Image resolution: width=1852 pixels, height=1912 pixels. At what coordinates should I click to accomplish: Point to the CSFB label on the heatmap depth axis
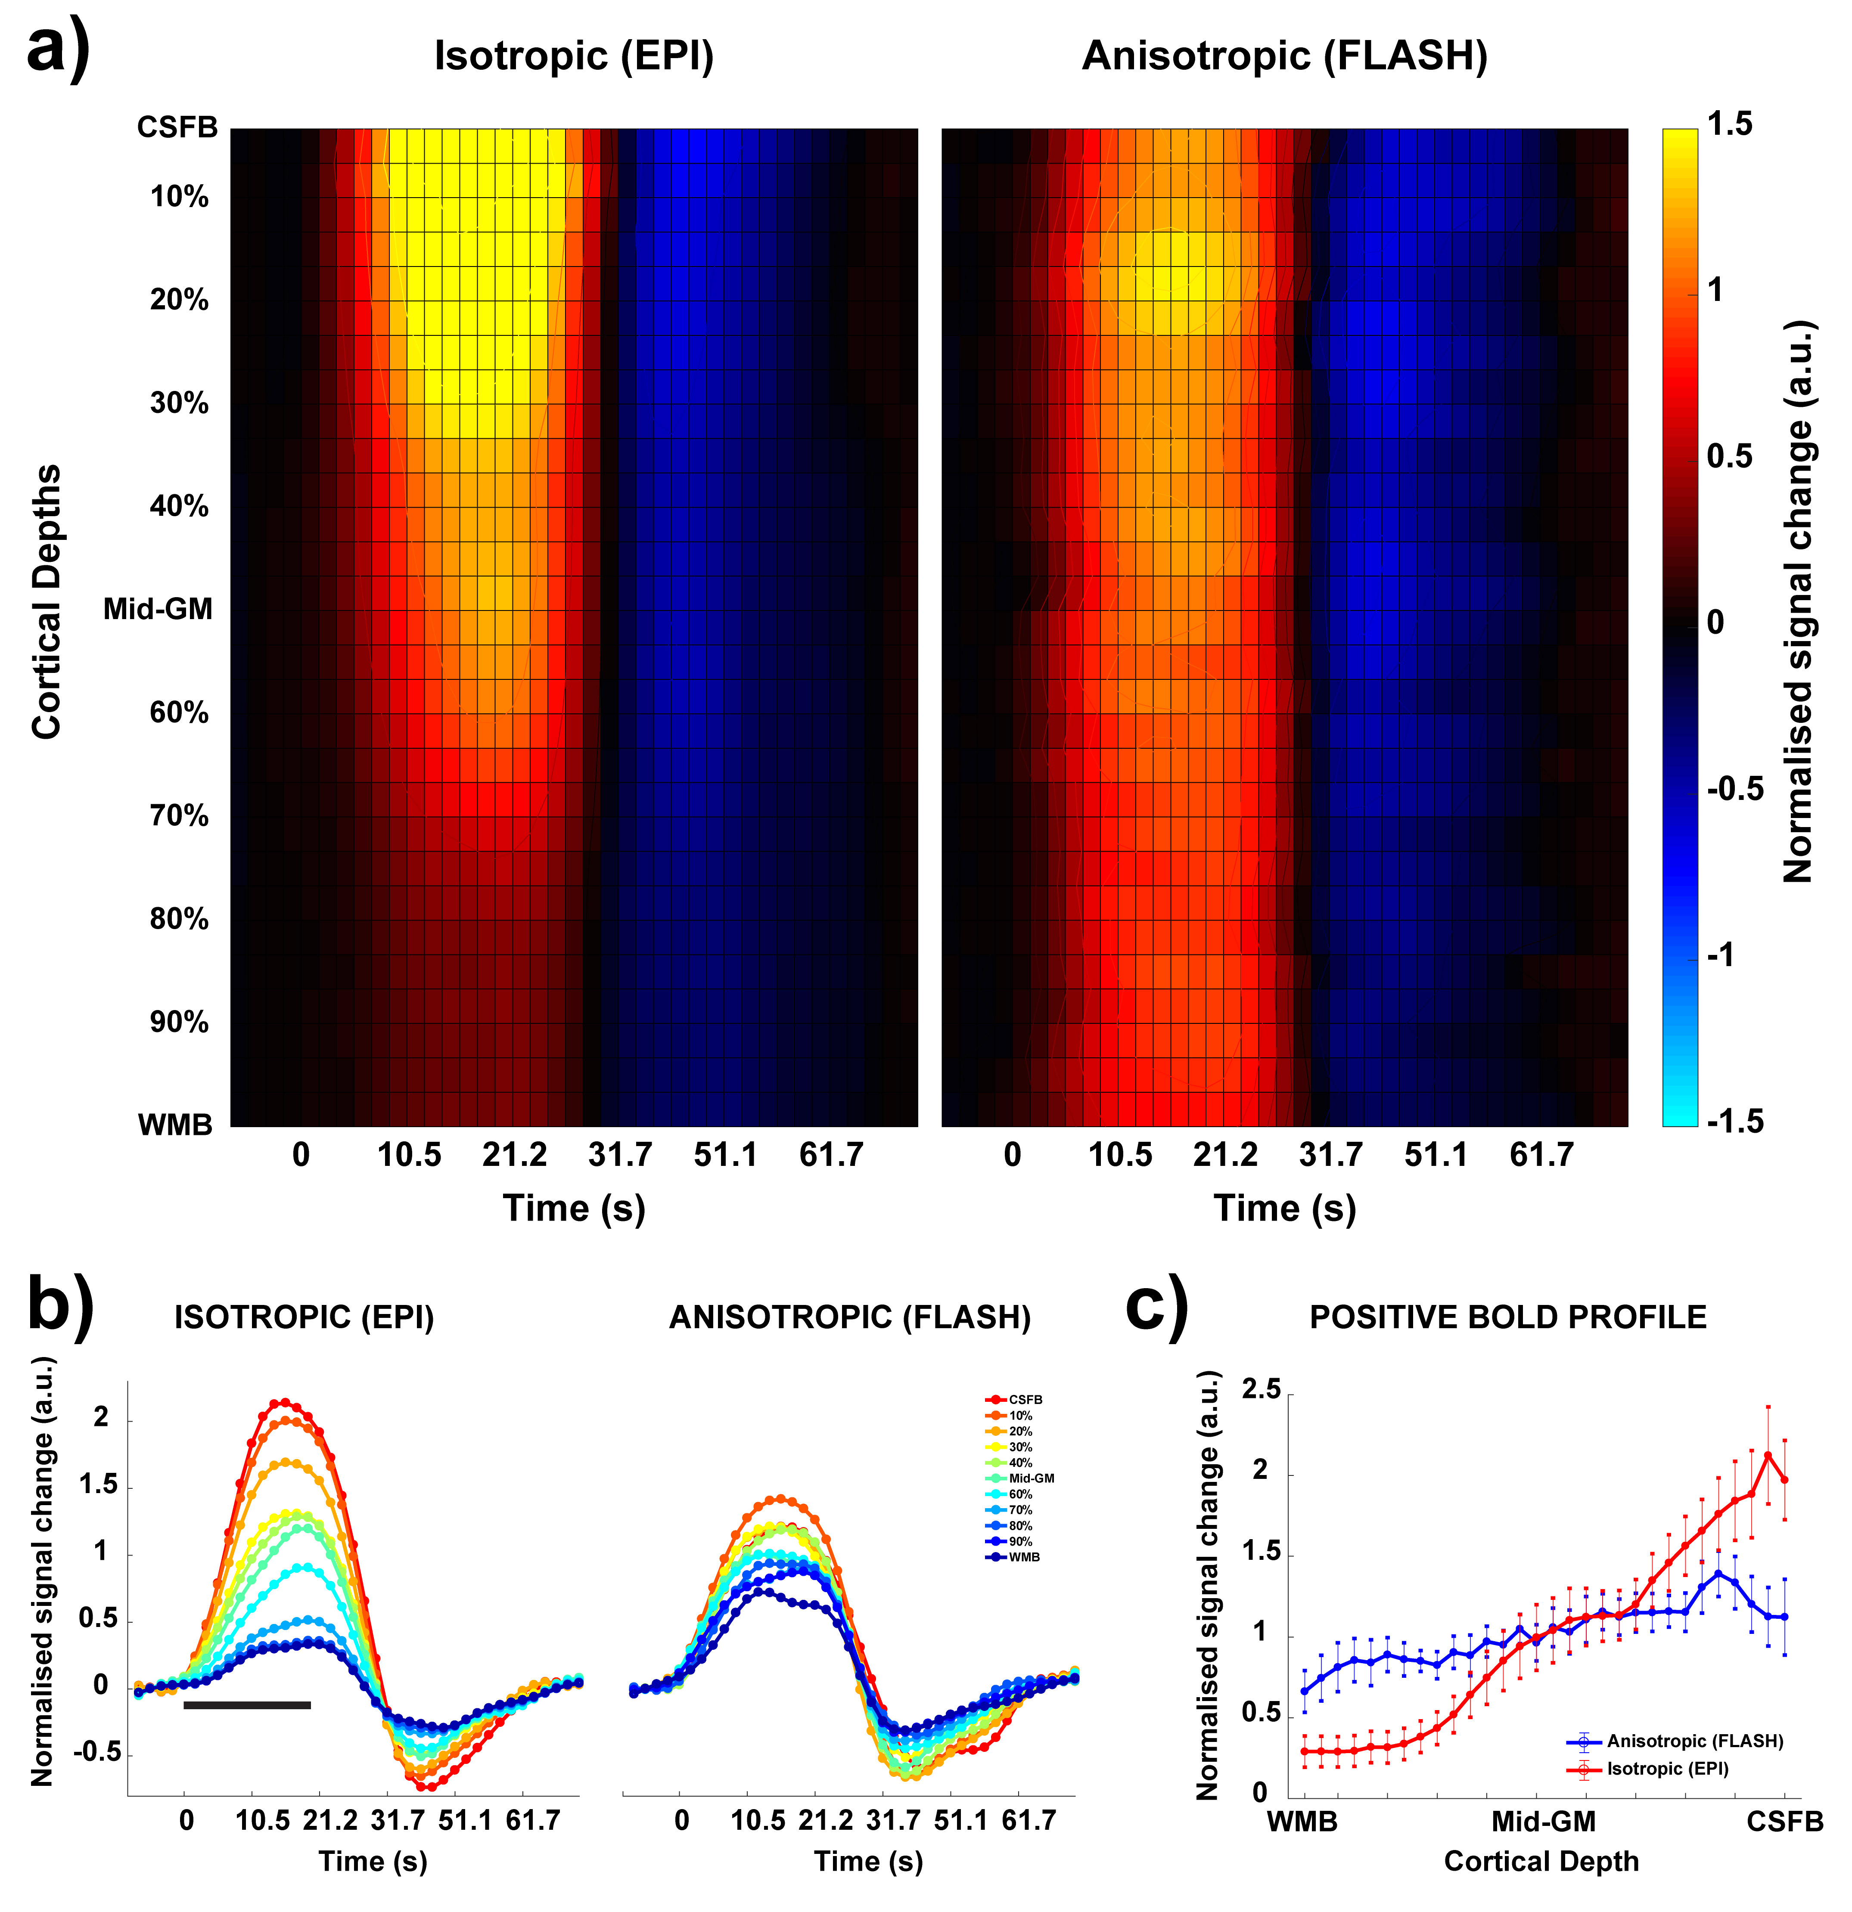pos(177,128)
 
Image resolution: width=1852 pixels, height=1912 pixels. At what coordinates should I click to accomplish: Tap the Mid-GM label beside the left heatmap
pos(158,610)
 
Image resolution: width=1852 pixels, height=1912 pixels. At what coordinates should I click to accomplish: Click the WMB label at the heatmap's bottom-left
pos(175,1125)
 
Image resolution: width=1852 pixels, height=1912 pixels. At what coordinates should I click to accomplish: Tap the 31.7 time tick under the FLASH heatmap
pos(1331,1155)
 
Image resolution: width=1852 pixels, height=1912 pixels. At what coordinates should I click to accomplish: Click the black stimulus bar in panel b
pos(247,1705)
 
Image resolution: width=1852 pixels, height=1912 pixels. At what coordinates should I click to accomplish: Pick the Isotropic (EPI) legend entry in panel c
pos(1667,1769)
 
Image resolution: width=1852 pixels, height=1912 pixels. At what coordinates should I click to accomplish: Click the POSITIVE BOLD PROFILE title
pos(1507,1318)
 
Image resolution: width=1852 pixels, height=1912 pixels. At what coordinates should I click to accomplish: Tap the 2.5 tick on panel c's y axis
pos(1261,1390)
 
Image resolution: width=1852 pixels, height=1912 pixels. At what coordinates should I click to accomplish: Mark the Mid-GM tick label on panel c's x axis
pos(1543,1821)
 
